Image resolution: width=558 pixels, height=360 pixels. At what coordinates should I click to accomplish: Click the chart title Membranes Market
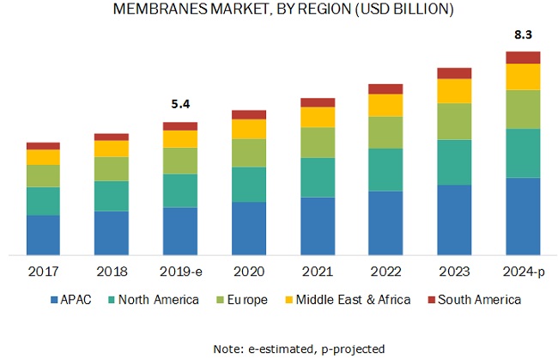point(278,10)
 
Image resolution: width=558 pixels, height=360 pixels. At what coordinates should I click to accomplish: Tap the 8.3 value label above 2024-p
point(522,35)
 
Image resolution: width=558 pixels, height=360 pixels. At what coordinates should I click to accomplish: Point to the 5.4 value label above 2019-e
point(180,105)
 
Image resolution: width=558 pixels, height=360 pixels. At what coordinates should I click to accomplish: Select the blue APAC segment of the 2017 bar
point(43,235)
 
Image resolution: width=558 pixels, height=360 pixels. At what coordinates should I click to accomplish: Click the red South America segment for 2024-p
point(523,58)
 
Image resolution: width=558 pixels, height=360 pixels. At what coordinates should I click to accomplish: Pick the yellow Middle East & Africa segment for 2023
point(454,91)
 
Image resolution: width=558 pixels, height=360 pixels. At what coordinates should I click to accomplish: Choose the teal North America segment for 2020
point(249,184)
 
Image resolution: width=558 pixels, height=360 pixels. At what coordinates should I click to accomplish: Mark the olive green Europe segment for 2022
point(385,132)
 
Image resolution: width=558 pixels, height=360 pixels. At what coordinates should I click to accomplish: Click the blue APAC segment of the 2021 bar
point(318,226)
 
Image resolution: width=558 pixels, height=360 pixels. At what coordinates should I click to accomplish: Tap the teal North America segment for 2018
point(112,196)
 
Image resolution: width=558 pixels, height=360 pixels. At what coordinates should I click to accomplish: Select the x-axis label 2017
point(43,272)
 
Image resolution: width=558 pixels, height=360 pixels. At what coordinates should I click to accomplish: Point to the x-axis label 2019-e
point(180,272)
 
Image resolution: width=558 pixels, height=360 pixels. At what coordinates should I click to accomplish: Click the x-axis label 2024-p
point(523,272)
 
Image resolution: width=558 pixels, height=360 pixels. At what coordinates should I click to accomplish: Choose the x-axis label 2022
point(385,272)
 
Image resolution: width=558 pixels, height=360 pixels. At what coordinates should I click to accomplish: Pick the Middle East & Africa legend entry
point(352,300)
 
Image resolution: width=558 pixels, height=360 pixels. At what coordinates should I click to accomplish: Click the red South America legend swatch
point(433,300)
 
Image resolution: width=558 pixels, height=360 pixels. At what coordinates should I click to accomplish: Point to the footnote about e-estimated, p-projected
point(278,348)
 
